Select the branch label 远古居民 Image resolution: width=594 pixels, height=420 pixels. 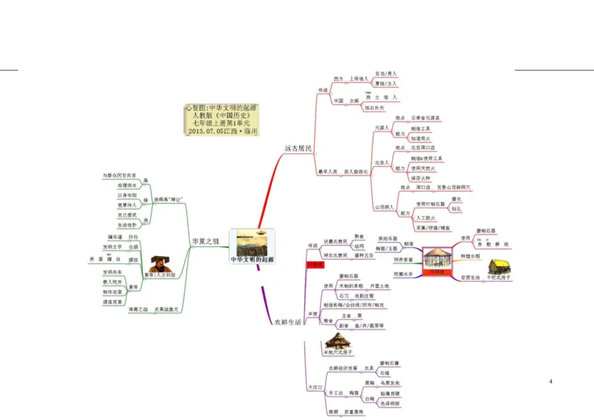298,148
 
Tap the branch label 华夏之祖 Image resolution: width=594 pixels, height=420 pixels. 206,242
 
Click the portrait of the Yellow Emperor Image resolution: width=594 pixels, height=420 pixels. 158,263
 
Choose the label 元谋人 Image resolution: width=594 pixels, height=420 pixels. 382,128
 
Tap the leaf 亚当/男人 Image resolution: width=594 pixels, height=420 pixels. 386,74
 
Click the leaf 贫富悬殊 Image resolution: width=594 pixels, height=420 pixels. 353,410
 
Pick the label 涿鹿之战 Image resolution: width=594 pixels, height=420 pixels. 138,309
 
